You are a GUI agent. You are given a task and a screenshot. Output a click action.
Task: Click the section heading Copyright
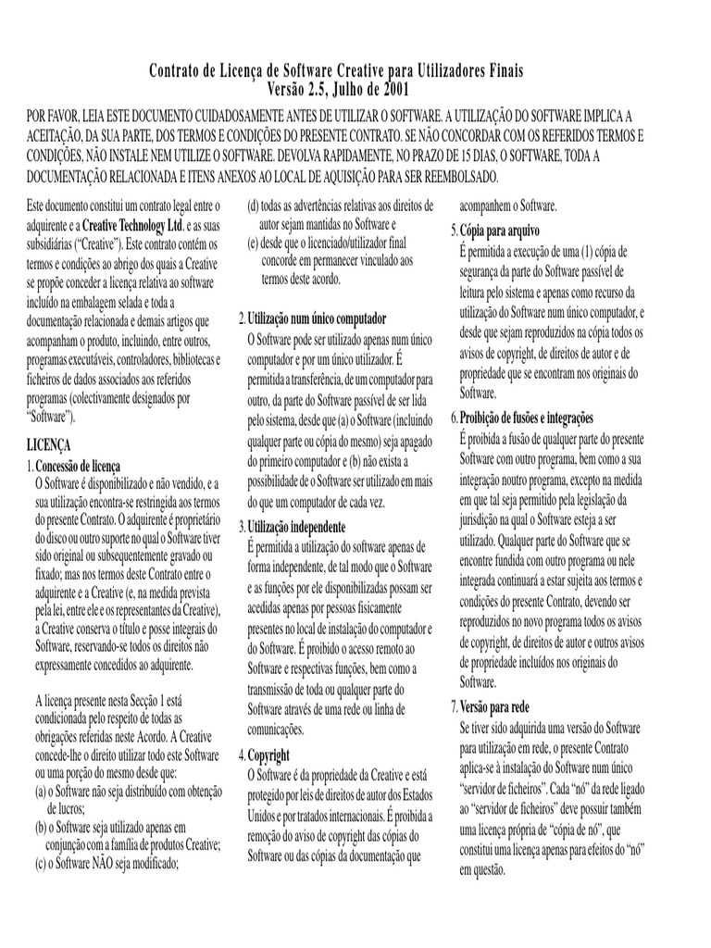[x=269, y=755]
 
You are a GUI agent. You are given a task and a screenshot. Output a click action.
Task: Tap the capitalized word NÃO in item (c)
[x=111, y=865]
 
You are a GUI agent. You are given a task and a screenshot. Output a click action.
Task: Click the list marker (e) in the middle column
[x=251, y=244]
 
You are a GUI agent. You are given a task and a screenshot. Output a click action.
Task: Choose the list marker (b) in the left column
[x=41, y=825]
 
